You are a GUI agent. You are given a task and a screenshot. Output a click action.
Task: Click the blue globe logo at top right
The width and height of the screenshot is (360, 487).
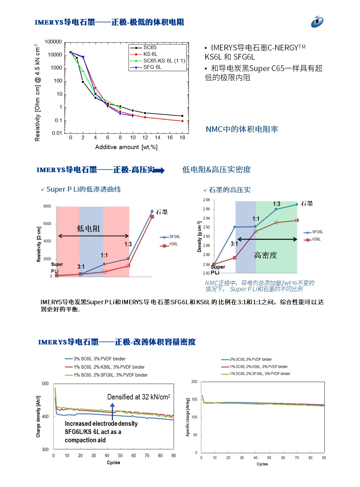coord(317,22)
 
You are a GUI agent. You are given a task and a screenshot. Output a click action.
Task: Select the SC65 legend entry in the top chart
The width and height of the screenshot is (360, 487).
coord(150,48)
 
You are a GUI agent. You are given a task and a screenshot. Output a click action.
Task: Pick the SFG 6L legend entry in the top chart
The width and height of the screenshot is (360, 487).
coord(152,67)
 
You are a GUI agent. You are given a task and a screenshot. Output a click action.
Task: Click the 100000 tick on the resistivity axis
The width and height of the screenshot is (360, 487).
coord(53,42)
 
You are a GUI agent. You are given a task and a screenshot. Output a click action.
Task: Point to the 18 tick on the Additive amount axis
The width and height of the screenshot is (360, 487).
coord(182,138)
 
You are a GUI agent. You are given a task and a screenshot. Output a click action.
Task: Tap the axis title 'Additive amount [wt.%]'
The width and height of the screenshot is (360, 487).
coord(126,147)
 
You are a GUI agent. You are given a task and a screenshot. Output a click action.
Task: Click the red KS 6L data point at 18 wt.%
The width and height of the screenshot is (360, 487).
coord(182,121)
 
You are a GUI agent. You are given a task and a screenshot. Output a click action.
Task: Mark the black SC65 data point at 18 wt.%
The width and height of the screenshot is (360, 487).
coord(182,116)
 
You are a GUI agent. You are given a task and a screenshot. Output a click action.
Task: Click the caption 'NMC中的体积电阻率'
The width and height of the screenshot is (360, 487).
coord(242,129)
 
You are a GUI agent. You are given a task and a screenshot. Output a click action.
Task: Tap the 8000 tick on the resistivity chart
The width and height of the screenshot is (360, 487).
coord(47,207)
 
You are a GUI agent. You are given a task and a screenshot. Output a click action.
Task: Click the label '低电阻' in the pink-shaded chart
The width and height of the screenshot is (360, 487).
coord(88,229)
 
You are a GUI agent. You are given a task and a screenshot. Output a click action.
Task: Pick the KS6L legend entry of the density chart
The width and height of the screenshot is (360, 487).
coord(316,240)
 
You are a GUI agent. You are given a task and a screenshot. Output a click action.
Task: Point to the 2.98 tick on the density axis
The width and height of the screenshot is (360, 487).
coord(206,200)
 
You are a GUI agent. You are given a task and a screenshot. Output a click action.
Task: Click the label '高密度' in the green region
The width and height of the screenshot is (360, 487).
coord(265,255)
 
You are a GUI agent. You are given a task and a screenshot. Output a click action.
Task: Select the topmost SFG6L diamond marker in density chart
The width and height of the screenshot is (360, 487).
coord(297,205)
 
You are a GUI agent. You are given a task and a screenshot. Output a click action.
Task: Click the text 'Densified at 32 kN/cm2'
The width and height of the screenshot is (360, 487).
coord(138,397)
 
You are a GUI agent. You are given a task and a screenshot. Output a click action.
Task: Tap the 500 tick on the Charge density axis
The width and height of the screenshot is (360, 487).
coord(45,384)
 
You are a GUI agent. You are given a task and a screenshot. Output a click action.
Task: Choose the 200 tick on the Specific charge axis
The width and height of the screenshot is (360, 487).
coord(194,382)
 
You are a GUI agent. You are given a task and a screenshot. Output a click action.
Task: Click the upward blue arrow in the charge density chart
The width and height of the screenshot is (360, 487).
coord(112,411)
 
